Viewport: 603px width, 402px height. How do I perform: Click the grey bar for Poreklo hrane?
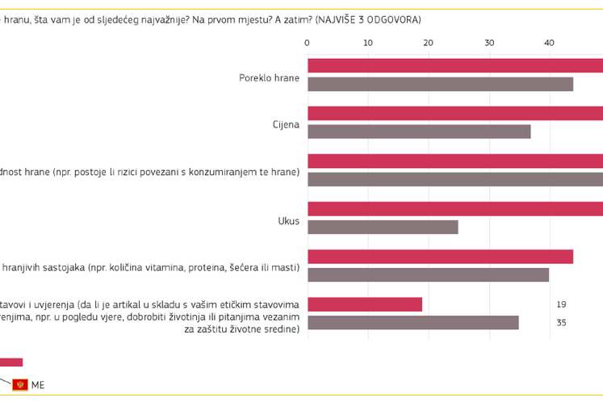(440, 84)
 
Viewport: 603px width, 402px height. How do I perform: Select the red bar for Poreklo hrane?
(454, 65)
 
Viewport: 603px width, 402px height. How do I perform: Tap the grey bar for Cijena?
(419, 132)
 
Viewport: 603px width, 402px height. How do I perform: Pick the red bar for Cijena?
(454, 113)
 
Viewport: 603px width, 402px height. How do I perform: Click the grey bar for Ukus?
(383, 227)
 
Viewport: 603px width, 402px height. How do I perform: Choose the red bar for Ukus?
(454, 208)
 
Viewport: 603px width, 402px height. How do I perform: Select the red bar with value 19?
(365, 304)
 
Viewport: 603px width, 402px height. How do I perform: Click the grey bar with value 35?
(413, 323)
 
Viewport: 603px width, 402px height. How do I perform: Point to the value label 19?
(562, 304)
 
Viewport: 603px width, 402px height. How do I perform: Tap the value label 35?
(562, 323)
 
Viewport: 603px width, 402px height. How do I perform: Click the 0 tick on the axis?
(308, 43)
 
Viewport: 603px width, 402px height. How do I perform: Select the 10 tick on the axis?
(368, 43)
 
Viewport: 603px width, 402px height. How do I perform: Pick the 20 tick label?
(428, 43)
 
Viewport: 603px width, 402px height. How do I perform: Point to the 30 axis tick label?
(488, 43)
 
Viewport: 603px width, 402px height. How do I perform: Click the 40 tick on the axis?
(549, 43)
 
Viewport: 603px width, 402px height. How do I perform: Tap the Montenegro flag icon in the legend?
(19, 384)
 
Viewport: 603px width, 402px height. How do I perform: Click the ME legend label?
(38, 385)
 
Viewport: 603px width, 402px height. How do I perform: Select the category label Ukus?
(288, 220)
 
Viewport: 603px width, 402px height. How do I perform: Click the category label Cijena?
(286, 125)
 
